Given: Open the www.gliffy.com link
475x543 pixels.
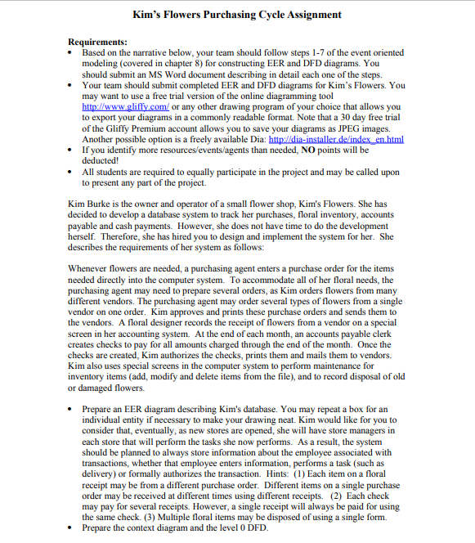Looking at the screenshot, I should (x=122, y=106).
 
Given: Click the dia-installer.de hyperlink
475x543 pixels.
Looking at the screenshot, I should (x=331, y=139).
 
